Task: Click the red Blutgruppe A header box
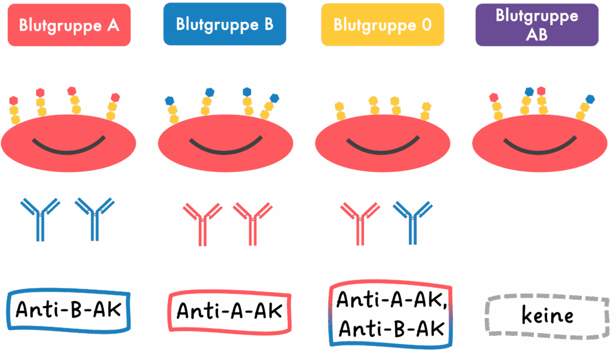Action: point(69,25)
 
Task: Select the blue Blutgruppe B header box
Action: point(225,24)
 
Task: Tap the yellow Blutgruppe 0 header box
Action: point(383,25)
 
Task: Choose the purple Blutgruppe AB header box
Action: point(537,25)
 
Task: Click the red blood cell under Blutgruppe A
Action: point(68,143)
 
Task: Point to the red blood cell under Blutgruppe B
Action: point(226,143)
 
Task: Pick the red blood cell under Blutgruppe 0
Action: point(383,143)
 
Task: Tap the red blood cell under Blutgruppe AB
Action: point(540,143)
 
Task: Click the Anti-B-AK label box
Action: point(68,310)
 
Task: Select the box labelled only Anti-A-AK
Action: point(230,312)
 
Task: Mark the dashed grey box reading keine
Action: point(547,316)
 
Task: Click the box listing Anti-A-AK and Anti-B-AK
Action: point(391,314)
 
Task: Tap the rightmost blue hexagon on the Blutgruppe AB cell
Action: point(590,99)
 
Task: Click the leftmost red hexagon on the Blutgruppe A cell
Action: point(14,100)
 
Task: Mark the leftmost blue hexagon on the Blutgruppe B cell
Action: point(169,100)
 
